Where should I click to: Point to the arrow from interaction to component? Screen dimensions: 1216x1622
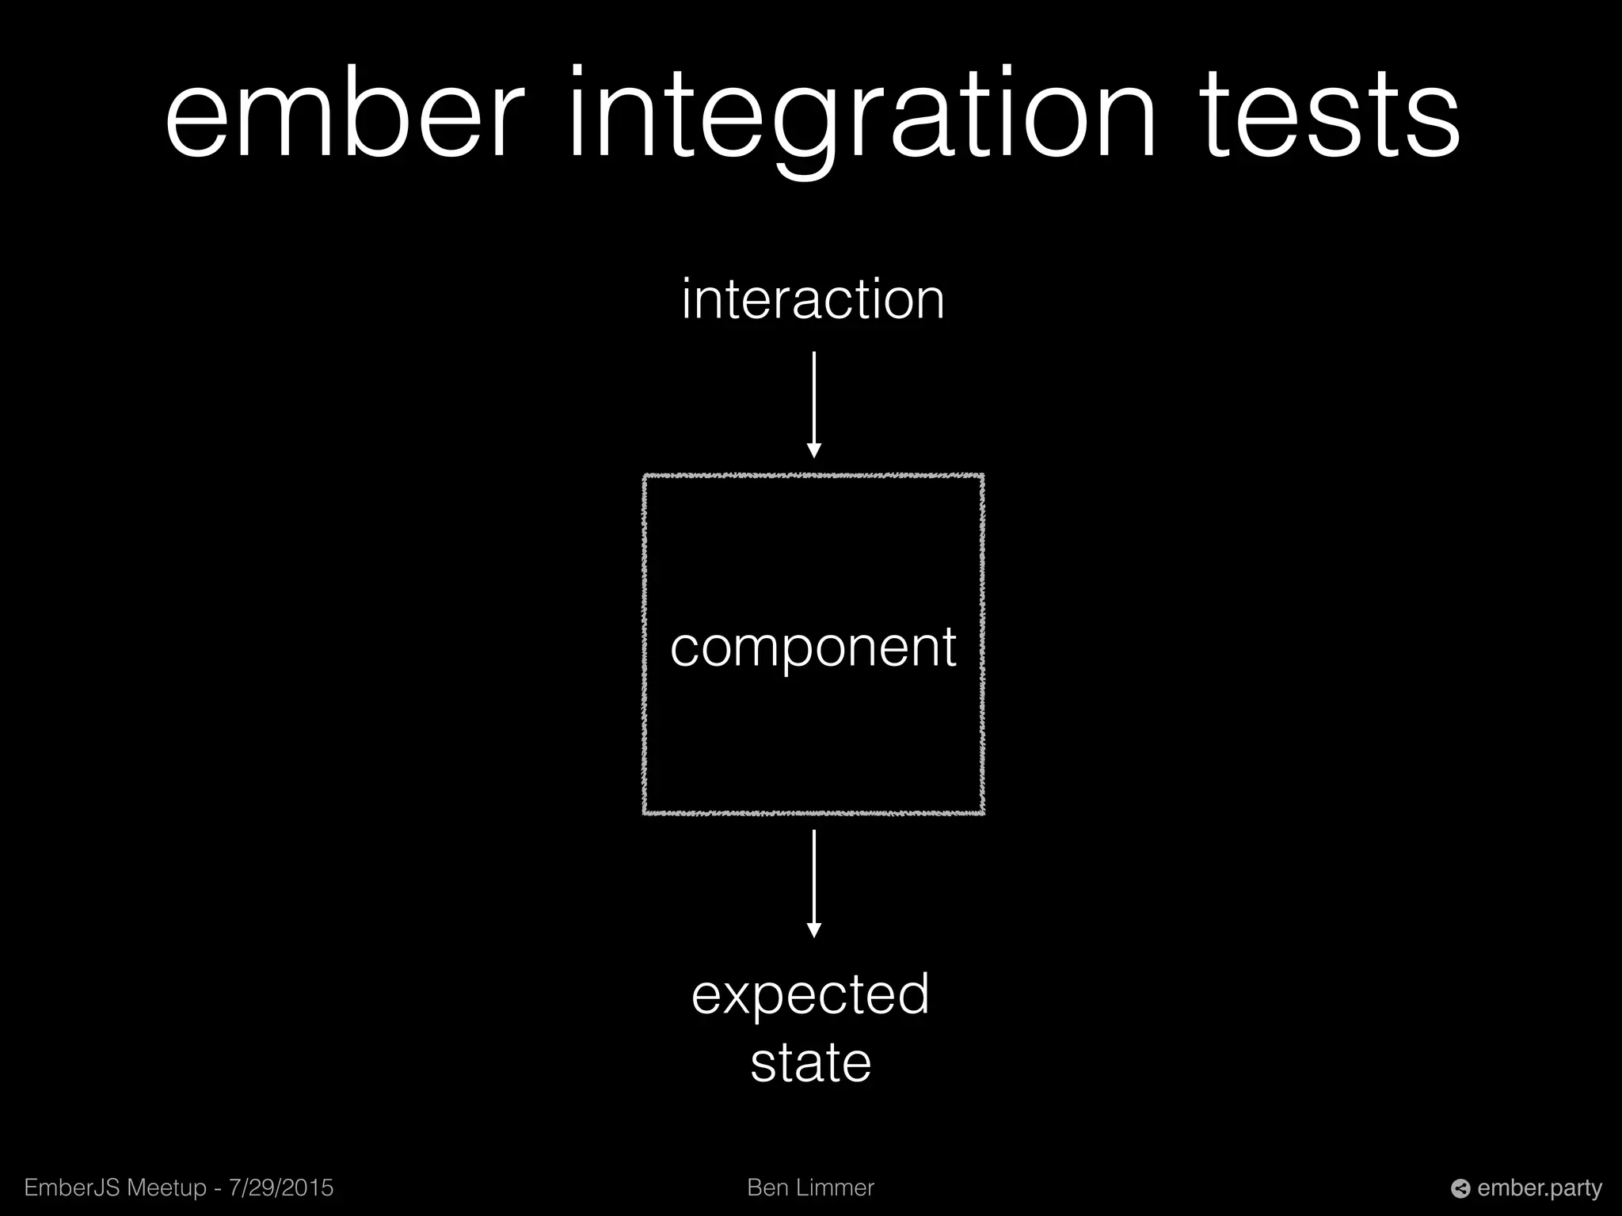click(x=813, y=400)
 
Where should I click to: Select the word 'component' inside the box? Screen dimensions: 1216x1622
click(x=813, y=648)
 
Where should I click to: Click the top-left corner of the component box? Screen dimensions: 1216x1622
click(x=645, y=477)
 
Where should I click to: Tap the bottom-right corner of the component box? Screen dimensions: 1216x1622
click(x=982, y=812)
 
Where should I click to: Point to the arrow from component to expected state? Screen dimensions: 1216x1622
click(x=813, y=879)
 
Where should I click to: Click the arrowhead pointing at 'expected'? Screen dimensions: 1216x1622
click(x=813, y=930)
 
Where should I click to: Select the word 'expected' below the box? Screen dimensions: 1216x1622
click(x=810, y=995)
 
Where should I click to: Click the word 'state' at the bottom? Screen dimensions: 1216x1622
click(x=810, y=1062)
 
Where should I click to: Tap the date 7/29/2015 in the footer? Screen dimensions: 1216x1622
click(x=281, y=1187)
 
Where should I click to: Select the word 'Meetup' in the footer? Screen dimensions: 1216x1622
click(x=167, y=1187)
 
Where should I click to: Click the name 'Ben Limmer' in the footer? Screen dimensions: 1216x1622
click(x=810, y=1187)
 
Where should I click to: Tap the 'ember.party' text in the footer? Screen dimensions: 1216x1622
click(x=1540, y=1188)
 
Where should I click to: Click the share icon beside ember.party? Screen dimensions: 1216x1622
click(x=1460, y=1189)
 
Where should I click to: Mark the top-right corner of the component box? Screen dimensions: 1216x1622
click(x=982, y=477)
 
